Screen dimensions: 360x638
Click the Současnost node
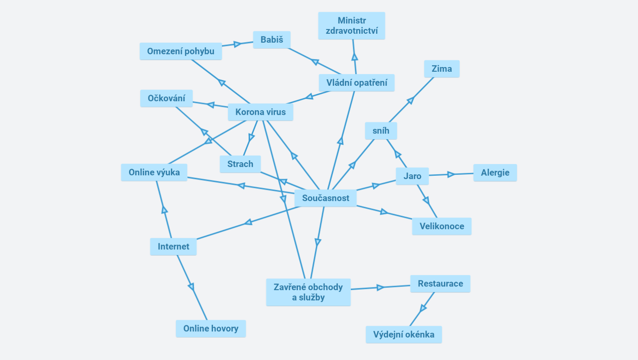click(x=326, y=198)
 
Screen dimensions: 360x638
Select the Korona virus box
click(x=260, y=112)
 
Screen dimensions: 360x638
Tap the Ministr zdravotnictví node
click(x=351, y=26)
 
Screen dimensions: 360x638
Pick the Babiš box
click(x=272, y=40)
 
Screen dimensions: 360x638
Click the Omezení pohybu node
click(x=181, y=51)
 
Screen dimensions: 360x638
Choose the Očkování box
click(x=166, y=98)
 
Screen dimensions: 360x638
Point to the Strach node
click(x=240, y=164)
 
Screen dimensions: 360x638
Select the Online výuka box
click(x=154, y=172)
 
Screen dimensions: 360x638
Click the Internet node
click(x=173, y=247)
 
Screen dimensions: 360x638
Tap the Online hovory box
click(x=211, y=329)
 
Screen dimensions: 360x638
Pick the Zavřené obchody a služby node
click(x=308, y=292)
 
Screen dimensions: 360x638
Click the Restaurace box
click(x=440, y=284)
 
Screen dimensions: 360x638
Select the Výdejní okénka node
click(x=403, y=335)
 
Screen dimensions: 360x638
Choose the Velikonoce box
click(x=441, y=226)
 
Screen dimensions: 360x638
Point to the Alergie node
click(x=495, y=172)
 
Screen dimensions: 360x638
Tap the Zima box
click(x=442, y=69)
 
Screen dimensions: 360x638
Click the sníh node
click(x=381, y=131)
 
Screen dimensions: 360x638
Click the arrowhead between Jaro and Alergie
click(x=451, y=174)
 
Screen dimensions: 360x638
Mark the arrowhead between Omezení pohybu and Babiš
click(x=237, y=44)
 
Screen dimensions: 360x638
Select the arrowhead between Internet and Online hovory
click(x=191, y=287)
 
